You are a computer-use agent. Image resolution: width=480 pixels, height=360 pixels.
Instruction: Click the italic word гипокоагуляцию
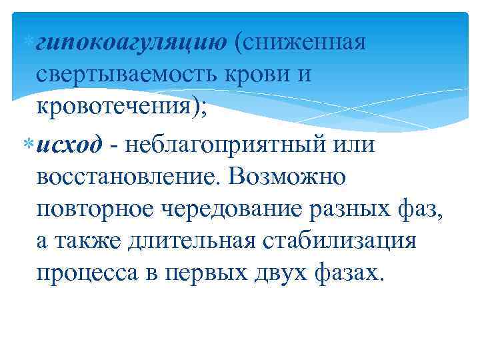tap(131, 43)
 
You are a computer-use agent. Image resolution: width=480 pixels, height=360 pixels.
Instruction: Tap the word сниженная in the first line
tap(307, 43)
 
